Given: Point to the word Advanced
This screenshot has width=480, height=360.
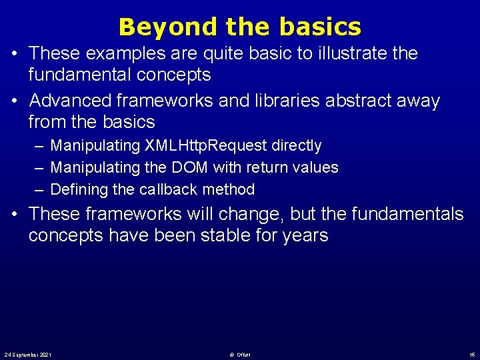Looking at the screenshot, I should coord(72,101).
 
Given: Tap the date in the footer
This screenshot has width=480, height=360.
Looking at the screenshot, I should coord(28,353).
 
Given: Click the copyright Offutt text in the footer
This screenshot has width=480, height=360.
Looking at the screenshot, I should coord(240,353).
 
